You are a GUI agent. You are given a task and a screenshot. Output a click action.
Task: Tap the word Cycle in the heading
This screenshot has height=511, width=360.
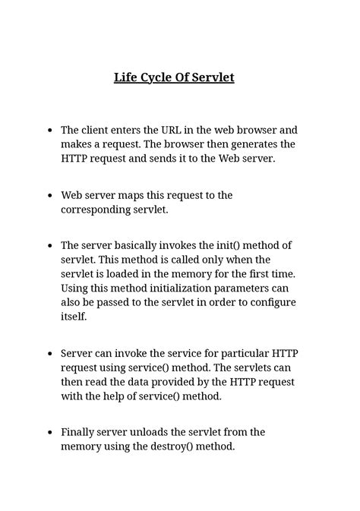[x=157, y=77]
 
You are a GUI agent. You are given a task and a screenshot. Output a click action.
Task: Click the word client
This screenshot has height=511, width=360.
[x=97, y=130]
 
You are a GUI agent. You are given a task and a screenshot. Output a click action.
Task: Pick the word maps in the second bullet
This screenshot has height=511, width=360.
[x=150, y=195]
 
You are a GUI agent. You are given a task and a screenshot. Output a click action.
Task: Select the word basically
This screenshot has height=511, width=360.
[x=139, y=245]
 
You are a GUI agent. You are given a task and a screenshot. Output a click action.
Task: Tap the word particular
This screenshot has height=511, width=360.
[x=237, y=353]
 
